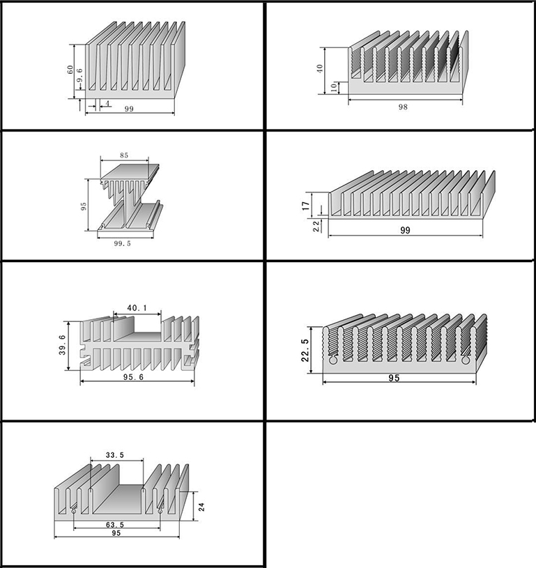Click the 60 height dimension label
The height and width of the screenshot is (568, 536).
click(x=70, y=70)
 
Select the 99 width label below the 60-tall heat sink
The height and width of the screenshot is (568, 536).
click(x=129, y=109)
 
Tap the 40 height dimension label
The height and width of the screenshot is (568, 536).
click(x=319, y=68)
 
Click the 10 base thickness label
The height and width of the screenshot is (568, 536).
click(x=333, y=88)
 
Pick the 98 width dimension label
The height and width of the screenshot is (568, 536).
click(x=403, y=107)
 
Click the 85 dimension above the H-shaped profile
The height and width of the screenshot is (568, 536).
click(x=124, y=155)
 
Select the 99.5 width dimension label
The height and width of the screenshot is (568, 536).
click(x=122, y=243)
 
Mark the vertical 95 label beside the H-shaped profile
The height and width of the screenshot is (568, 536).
click(x=84, y=206)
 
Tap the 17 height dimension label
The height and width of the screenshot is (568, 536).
click(x=306, y=206)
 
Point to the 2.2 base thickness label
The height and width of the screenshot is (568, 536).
click(x=316, y=226)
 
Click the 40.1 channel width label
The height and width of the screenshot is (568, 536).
click(x=137, y=308)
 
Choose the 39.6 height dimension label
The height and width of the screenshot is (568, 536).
click(x=62, y=345)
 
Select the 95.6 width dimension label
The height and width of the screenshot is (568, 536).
click(x=133, y=377)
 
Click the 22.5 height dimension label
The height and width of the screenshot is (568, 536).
click(x=305, y=351)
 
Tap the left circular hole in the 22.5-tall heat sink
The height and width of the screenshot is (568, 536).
click(x=333, y=360)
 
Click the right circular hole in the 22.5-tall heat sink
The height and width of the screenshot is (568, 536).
click(x=466, y=360)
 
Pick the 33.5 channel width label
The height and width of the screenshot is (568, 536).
click(x=115, y=455)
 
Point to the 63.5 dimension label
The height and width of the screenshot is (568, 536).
click(x=115, y=525)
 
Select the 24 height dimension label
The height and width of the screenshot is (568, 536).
click(x=202, y=507)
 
